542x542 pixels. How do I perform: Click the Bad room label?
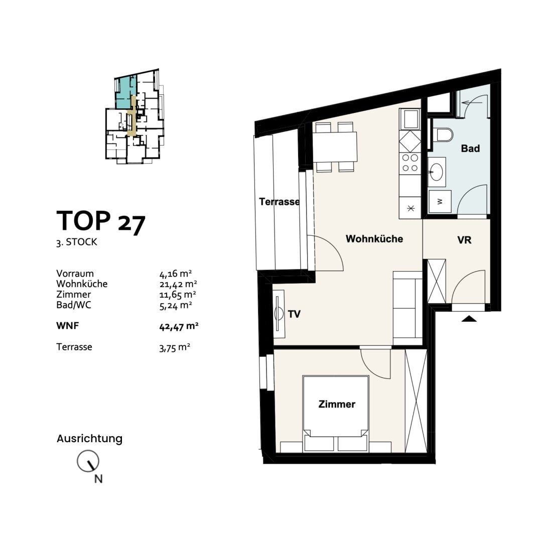470,149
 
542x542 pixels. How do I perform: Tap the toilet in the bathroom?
442,135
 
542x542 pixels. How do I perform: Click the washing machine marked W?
440,201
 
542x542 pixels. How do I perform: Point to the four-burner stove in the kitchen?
410,163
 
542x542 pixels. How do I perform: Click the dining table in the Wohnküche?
335,147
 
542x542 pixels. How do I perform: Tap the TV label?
294,314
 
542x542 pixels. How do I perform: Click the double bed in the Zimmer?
335,414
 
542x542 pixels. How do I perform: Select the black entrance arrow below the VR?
469,318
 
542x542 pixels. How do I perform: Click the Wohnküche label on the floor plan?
374,239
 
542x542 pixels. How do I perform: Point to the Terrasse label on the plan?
280,202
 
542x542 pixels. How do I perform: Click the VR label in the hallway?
464,240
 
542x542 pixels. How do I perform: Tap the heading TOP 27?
100,222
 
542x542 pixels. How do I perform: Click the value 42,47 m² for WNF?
179,326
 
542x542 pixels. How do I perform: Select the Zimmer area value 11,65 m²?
178,295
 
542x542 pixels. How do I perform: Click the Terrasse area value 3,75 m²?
175,347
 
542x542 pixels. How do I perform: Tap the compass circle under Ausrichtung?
88,461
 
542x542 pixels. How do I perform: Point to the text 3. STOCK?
77,242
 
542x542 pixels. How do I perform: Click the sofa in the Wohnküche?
408,308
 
